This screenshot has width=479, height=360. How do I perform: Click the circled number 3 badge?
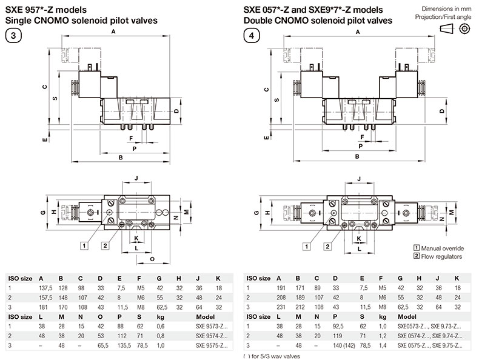point(13,35)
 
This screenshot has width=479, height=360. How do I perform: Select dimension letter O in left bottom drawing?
point(152,258)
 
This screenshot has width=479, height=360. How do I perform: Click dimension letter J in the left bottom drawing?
point(136,178)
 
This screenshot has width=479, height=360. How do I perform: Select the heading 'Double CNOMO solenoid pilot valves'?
point(318,20)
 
